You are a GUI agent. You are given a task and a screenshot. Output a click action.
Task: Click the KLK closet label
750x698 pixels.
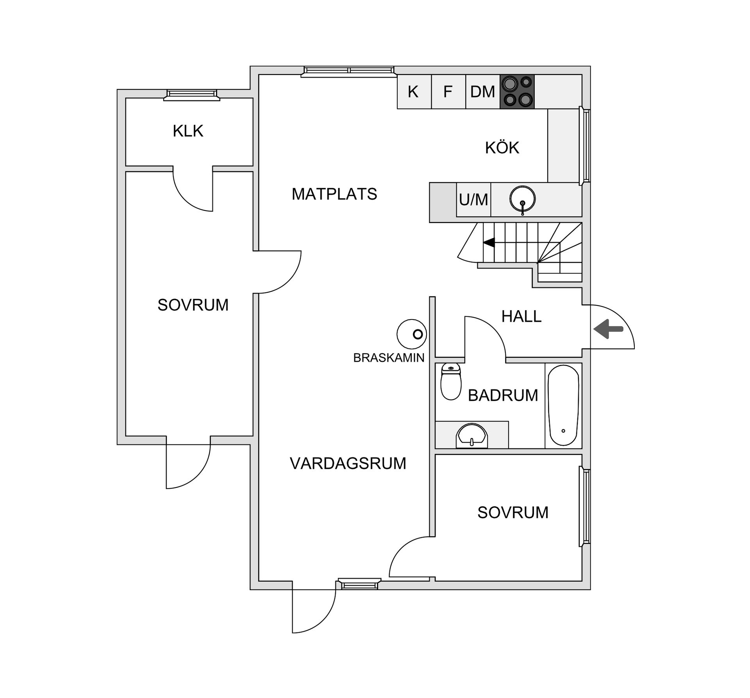tap(188, 131)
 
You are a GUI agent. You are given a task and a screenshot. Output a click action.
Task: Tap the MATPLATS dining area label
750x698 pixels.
tap(334, 194)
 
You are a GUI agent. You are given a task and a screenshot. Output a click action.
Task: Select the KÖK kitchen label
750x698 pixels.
tap(502, 148)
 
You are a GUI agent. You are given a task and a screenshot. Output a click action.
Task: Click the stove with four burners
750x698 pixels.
tap(517, 92)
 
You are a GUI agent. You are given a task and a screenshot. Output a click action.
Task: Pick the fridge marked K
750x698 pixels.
tap(413, 92)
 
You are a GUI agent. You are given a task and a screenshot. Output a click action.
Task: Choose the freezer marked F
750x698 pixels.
tap(448, 92)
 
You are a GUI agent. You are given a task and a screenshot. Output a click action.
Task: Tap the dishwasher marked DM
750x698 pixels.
tap(482, 92)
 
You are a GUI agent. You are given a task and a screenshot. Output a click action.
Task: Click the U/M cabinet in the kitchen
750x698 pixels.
tap(473, 200)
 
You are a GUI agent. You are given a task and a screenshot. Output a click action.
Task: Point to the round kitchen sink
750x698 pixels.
tap(522, 199)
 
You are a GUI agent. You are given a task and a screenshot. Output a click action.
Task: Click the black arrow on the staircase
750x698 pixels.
tap(489, 243)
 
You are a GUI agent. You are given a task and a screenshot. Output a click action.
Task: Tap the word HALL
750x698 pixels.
tap(521, 316)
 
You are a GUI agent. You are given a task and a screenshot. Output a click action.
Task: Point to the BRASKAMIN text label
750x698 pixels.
tap(389, 358)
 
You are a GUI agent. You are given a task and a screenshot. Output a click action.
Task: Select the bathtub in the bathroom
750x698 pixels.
tap(563, 405)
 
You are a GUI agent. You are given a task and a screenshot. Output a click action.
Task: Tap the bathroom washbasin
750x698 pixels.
tap(472, 436)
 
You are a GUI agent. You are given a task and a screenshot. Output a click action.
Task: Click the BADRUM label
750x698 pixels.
tap(503, 396)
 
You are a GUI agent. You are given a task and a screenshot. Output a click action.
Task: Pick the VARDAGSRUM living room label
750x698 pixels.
tap(348, 464)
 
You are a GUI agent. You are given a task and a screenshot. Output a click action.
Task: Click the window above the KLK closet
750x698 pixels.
tap(191, 93)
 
